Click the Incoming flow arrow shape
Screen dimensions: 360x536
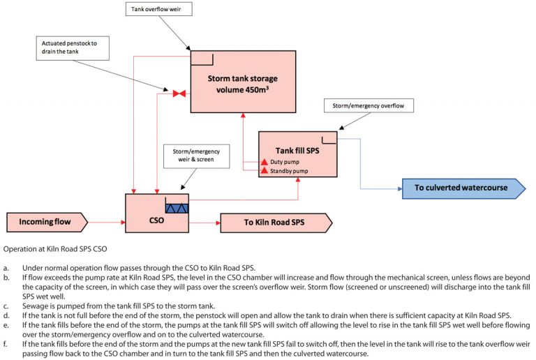coord(47,223)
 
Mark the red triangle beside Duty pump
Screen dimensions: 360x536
coord(265,162)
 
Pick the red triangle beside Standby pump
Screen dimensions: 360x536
coord(265,170)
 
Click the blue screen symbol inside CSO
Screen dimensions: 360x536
coord(177,207)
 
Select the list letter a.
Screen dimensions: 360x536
coord(6,268)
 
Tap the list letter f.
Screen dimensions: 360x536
coord(6,343)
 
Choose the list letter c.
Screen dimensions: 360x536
coord(6,306)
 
